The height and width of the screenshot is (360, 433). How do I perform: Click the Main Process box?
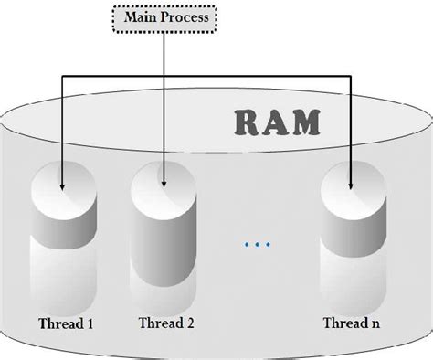click(164, 16)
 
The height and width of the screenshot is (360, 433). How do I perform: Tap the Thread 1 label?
click(66, 323)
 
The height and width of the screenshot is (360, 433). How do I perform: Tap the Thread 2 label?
click(167, 323)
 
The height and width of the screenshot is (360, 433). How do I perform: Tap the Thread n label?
click(353, 323)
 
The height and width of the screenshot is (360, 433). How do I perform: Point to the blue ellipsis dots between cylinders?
click(259, 245)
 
